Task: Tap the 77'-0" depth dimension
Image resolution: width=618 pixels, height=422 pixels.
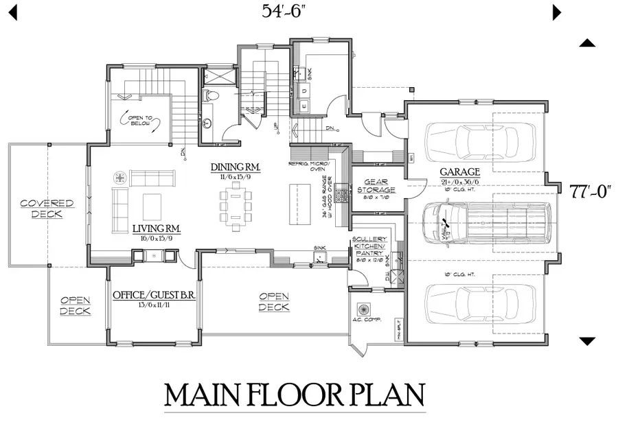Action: click(x=586, y=191)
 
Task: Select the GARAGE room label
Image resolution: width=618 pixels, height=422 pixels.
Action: click(x=461, y=172)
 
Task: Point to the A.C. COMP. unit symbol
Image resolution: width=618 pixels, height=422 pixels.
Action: click(x=364, y=307)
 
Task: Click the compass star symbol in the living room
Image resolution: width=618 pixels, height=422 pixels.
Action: click(x=119, y=178)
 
